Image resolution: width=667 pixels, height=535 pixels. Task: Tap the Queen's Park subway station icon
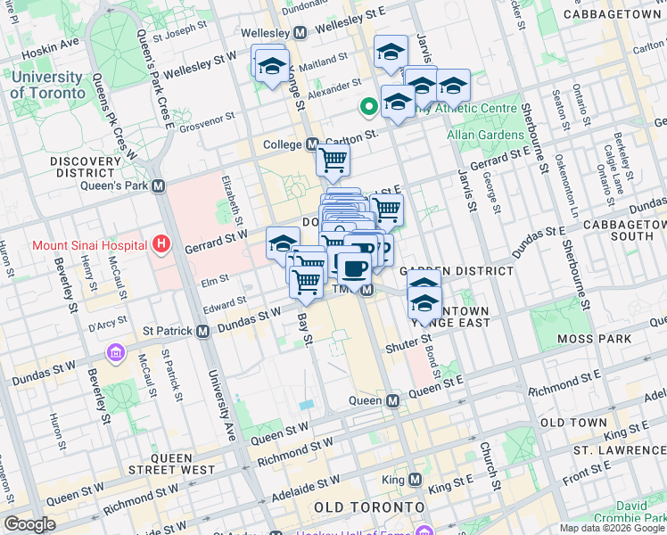point(158,186)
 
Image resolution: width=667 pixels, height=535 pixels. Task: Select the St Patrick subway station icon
point(202,331)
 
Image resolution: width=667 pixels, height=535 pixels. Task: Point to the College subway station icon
point(312,144)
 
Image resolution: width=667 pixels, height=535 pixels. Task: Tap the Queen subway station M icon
point(392,401)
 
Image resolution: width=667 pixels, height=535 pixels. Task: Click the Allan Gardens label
point(485,135)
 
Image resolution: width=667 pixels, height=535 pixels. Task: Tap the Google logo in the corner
point(30,524)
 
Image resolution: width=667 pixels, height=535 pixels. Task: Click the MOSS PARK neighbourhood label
point(593,339)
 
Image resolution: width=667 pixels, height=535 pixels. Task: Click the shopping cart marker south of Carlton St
point(333,161)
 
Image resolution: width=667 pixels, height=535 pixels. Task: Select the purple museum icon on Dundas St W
point(115,352)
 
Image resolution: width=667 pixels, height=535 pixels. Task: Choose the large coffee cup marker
point(354,267)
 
